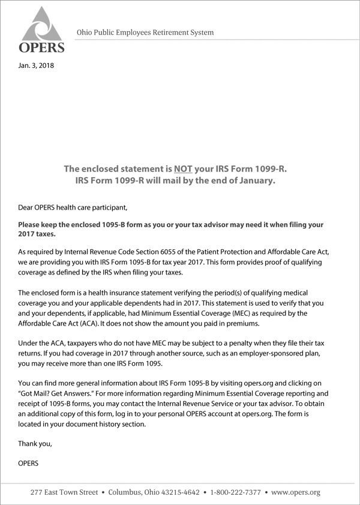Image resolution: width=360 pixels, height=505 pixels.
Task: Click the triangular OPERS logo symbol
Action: pyautogui.click(x=41, y=25)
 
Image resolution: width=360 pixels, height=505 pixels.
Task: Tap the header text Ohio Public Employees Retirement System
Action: pyautogui.click(x=145, y=32)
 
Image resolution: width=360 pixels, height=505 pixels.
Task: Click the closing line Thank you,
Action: pyautogui.click(x=35, y=444)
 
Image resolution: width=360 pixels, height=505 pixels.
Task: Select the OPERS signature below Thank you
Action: pyautogui.click(x=29, y=464)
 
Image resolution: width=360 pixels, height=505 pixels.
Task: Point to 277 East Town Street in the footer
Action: pyautogui.click(x=65, y=492)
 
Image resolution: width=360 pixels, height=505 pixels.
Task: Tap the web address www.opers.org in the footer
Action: pyautogui.click(x=296, y=492)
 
